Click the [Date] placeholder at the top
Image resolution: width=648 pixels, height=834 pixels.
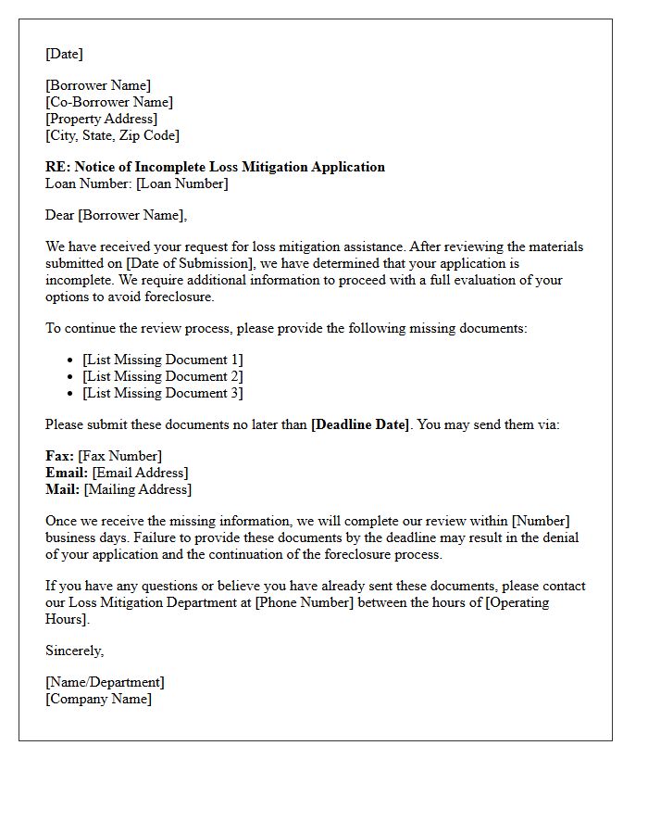pyautogui.click(x=64, y=54)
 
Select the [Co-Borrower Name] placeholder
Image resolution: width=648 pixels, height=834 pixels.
pyautogui.click(x=109, y=102)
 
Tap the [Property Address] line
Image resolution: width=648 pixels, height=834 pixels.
pyautogui.click(x=101, y=119)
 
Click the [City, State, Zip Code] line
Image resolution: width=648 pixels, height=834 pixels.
pyautogui.click(x=112, y=135)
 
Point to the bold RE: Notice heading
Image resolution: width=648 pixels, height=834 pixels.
pyautogui.click(x=215, y=167)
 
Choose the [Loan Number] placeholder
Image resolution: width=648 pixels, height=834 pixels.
pyautogui.click(x=181, y=183)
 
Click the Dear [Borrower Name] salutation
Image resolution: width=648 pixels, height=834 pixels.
pyautogui.click(x=116, y=215)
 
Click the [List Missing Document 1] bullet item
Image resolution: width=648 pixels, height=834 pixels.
pyautogui.click(x=163, y=360)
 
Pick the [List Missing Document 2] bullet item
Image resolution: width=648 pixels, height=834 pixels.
pyautogui.click(x=163, y=376)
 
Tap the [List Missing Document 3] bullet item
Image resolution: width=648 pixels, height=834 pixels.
pyautogui.click(x=163, y=393)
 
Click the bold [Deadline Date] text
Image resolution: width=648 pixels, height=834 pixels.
pyautogui.click(x=360, y=424)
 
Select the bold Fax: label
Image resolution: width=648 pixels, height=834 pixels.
pyautogui.click(x=60, y=456)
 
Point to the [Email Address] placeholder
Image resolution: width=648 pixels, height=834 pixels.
pyautogui.click(x=140, y=473)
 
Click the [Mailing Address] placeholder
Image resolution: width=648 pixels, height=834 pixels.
pyautogui.click(x=138, y=489)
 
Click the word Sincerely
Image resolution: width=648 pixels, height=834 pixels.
pyautogui.click(x=74, y=651)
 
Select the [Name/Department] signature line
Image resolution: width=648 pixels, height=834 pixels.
pyautogui.click(x=105, y=682)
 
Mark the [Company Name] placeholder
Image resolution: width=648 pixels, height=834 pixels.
pyautogui.click(x=98, y=699)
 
